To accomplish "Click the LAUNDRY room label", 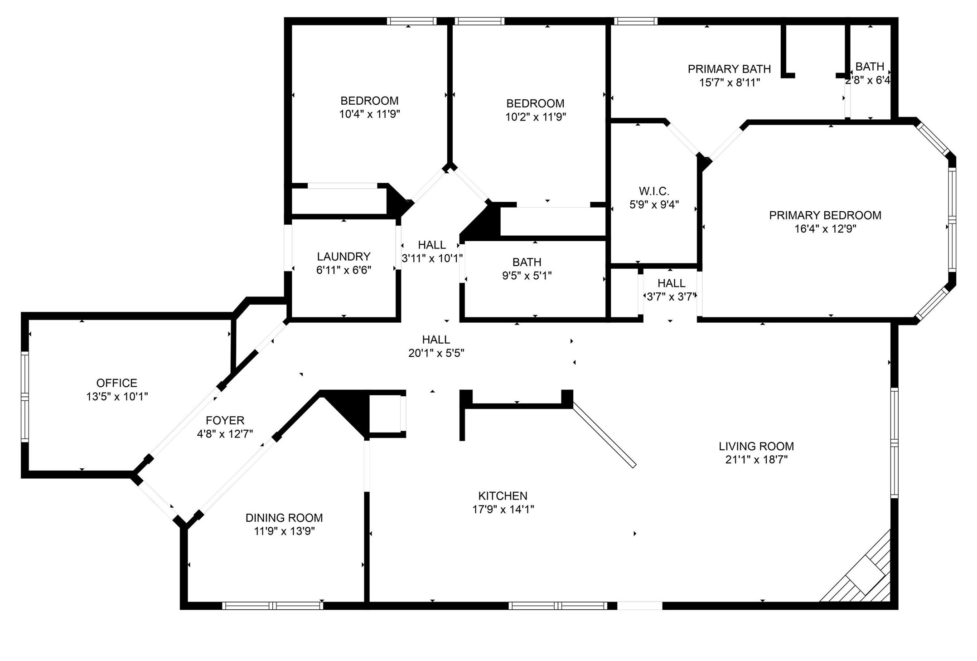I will click(343, 257).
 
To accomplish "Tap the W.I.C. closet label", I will click(654, 191).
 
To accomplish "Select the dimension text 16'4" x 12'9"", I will click(825, 229).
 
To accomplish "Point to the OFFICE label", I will click(116, 383).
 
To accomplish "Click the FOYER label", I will click(225, 420).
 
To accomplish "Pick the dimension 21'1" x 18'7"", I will click(756, 460).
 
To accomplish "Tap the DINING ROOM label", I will click(284, 518).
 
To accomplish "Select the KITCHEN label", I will click(503, 496).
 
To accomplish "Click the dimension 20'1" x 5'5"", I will click(436, 353).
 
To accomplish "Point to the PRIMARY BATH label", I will click(729, 69).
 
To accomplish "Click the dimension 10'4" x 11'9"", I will click(369, 114).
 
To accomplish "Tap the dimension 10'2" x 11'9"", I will click(535, 117).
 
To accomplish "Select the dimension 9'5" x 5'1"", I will click(527, 276).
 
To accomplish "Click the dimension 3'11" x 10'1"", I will click(432, 258).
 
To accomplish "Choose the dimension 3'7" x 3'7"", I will click(671, 297).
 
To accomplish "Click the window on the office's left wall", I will click(25, 397).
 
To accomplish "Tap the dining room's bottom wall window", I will click(272, 606).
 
